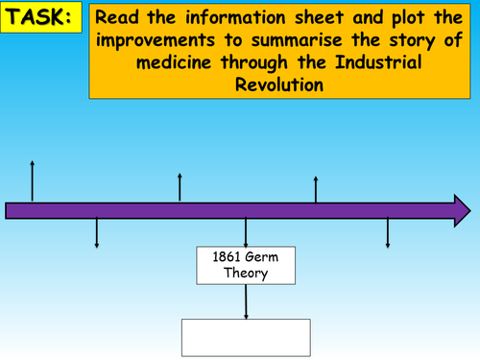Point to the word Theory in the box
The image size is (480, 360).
point(246,274)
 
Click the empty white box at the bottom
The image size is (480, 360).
point(246,337)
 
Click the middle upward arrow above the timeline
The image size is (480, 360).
point(180,186)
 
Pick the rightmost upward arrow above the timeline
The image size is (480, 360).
point(317,188)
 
